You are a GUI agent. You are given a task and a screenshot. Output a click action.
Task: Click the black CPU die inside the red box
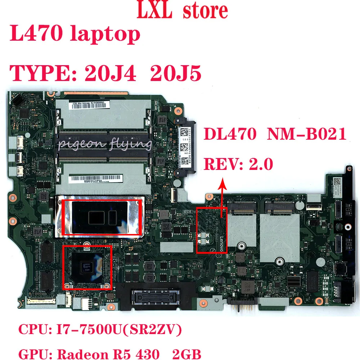[x=102, y=217]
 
